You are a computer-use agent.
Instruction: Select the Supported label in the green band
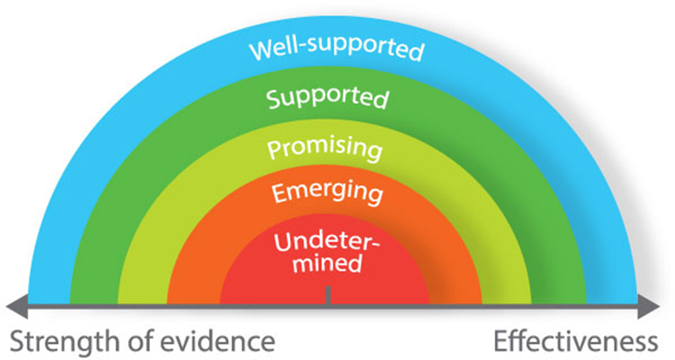click(328, 98)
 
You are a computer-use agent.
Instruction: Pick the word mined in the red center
click(326, 263)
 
